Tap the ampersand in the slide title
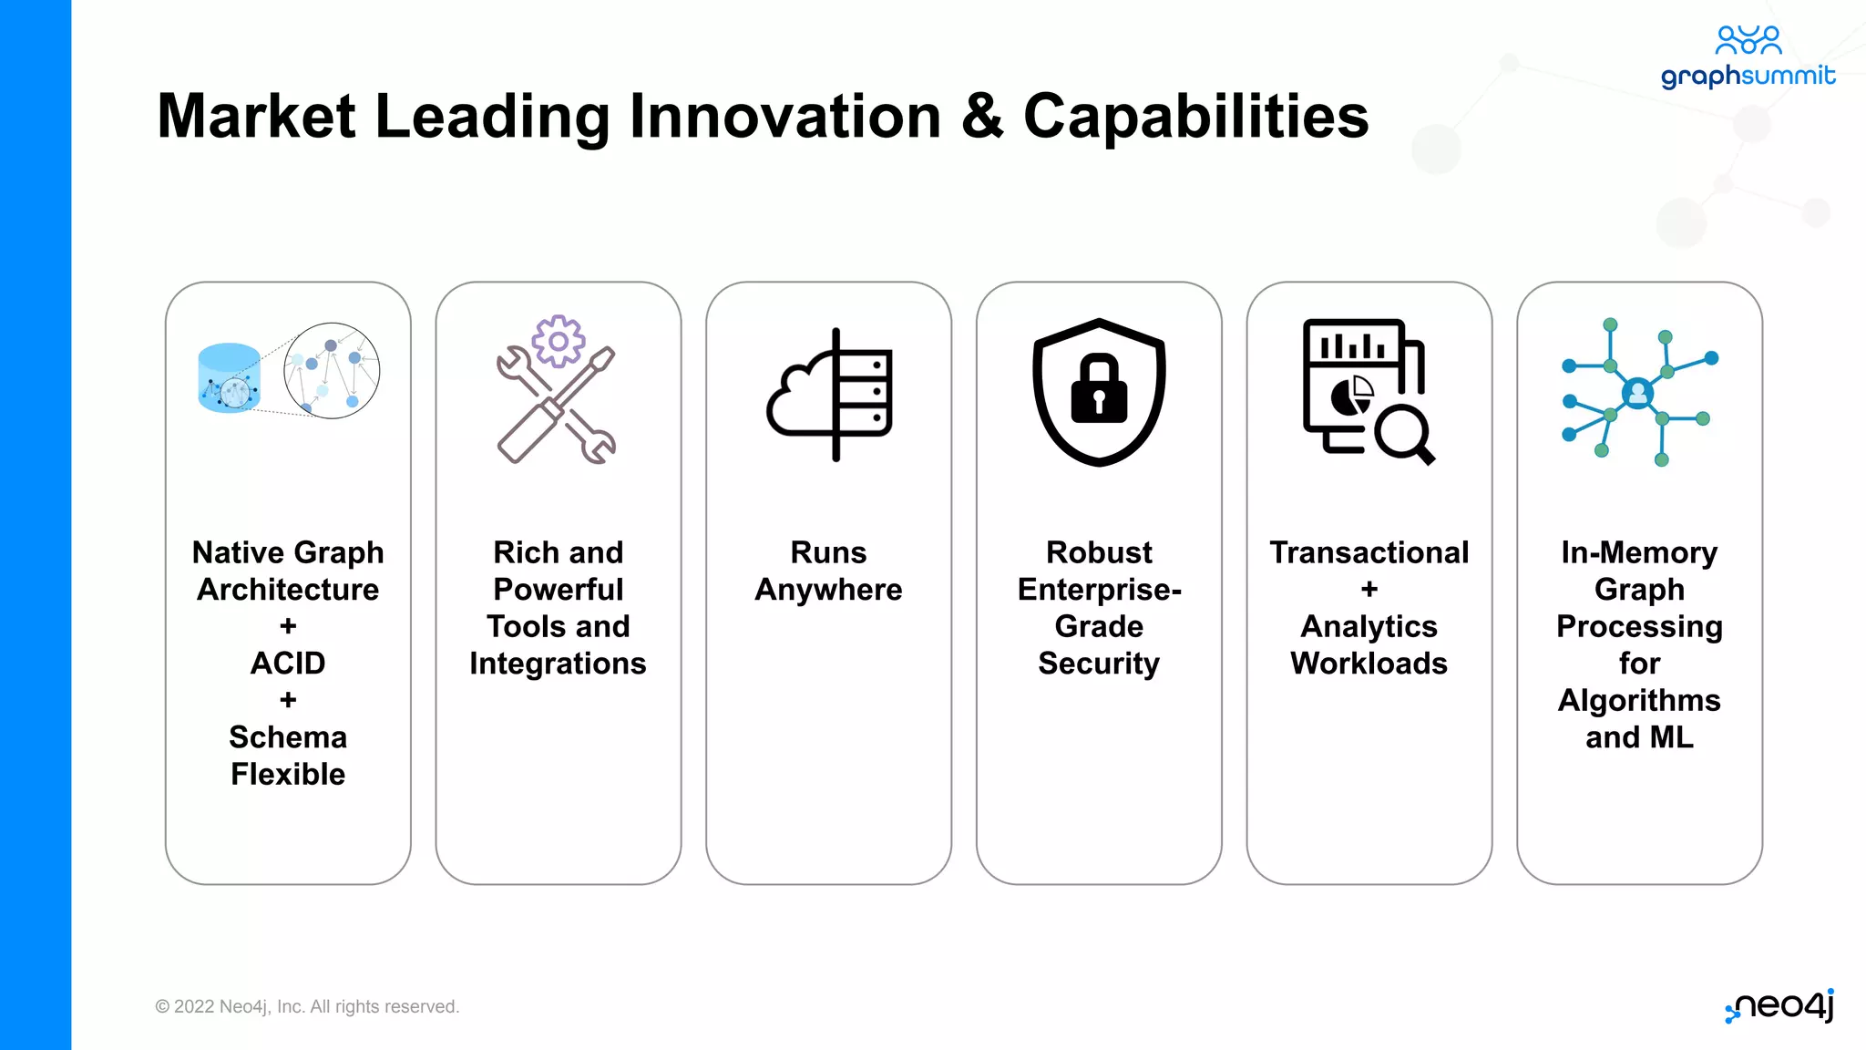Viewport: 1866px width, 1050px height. click(982, 117)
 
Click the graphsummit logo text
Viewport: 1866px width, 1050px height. click(1748, 76)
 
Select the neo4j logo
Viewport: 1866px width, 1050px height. click(1780, 1006)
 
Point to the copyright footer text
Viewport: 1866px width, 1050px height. click(307, 1006)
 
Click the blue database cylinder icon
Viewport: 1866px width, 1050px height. click(229, 378)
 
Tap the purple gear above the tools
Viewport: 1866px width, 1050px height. click(559, 342)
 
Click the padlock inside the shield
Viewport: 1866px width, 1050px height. click(1099, 389)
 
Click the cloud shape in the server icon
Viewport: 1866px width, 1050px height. click(797, 401)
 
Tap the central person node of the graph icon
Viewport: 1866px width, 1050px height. click(1637, 394)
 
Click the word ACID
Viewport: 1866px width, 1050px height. click(288, 663)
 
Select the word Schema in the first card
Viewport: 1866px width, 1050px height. click(288, 736)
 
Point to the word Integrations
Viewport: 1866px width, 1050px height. click(558, 664)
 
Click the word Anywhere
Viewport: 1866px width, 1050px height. click(828, 590)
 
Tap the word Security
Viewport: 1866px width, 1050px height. click(1099, 664)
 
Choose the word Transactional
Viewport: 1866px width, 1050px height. click(1369, 552)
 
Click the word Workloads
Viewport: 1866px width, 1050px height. click(1369, 664)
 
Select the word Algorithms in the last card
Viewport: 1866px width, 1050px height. click(1639, 700)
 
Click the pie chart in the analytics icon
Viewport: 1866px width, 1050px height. click(1352, 396)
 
